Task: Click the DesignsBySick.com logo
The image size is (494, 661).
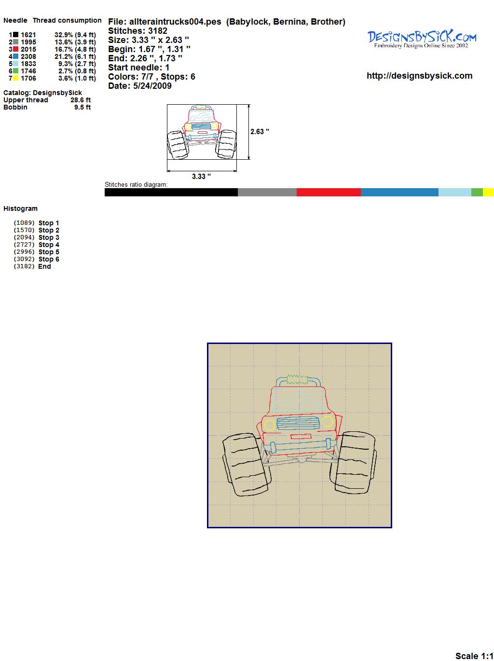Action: [422, 39]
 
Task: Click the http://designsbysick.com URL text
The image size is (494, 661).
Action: [419, 76]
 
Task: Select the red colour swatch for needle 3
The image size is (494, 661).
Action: [15, 49]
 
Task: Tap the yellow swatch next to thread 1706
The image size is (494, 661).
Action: [15, 78]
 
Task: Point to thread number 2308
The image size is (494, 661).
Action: [28, 56]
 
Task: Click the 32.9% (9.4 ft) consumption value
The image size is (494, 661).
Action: [75, 35]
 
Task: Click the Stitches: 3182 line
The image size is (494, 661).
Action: [137, 31]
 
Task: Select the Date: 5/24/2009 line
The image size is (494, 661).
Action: [140, 86]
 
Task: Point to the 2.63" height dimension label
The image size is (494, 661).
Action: [260, 132]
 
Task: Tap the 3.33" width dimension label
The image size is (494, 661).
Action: [201, 176]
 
